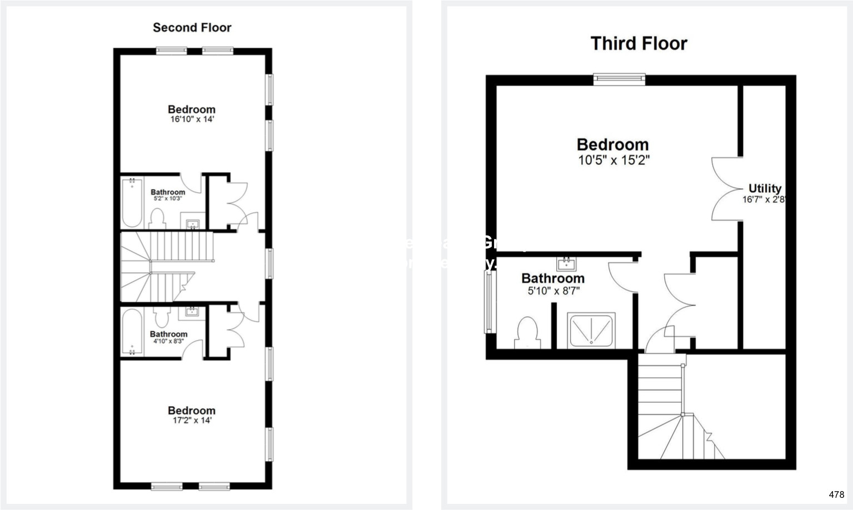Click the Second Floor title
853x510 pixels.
click(x=192, y=27)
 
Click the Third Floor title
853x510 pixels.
click(x=638, y=43)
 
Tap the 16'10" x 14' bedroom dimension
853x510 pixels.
click(x=192, y=119)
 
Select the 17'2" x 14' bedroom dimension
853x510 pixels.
click(x=192, y=420)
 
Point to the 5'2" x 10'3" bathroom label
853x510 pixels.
click(x=168, y=198)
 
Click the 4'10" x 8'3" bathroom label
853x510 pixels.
click(x=168, y=341)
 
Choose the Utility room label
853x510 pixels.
click(x=765, y=188)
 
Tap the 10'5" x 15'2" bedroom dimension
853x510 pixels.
click(x=613, y=161)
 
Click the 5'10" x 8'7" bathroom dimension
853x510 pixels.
click(x=553, y=291)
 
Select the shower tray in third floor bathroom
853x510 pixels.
click(x=591, y=330)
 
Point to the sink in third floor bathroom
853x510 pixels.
click(x=566, y=262)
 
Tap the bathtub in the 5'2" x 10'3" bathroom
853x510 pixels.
click(x=132, y=202)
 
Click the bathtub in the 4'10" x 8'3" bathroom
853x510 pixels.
click(x=132, y=332)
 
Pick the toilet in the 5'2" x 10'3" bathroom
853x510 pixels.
click(x=157, y=218)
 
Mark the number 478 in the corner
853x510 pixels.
click(x=836, y=494)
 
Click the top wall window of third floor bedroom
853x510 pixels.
click(x=619, y=79)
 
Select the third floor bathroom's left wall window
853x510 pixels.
click(x=489, y=302)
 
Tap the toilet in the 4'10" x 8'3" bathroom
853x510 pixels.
click(x=162, y=317)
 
